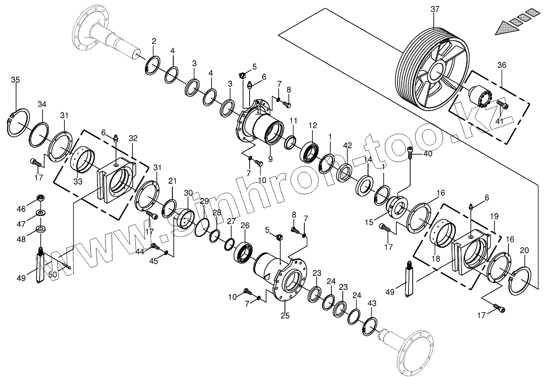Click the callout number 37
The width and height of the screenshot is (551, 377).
tap(435, 9)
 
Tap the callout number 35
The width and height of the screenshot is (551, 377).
tap(15, 80)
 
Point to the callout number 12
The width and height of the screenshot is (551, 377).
tap(312, 125)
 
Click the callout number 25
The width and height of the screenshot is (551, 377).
tap(285, 316)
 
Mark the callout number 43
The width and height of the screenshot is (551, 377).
tap(372, 303)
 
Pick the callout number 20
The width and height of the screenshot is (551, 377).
tap(524, 250)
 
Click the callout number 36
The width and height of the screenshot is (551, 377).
tap(502, 65)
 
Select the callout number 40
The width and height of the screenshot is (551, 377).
tap(428, 154)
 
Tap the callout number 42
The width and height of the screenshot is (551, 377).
tap(347, 145)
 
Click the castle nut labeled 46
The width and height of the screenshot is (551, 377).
tap(41, 198)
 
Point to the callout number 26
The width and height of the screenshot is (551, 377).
tap(245, 225)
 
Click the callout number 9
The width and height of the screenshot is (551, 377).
tap(270, 159)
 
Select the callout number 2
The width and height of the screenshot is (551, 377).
tap(154, 41)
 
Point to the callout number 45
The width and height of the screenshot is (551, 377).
tap(153, 261)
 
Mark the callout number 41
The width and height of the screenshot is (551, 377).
tap(500, 120)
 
